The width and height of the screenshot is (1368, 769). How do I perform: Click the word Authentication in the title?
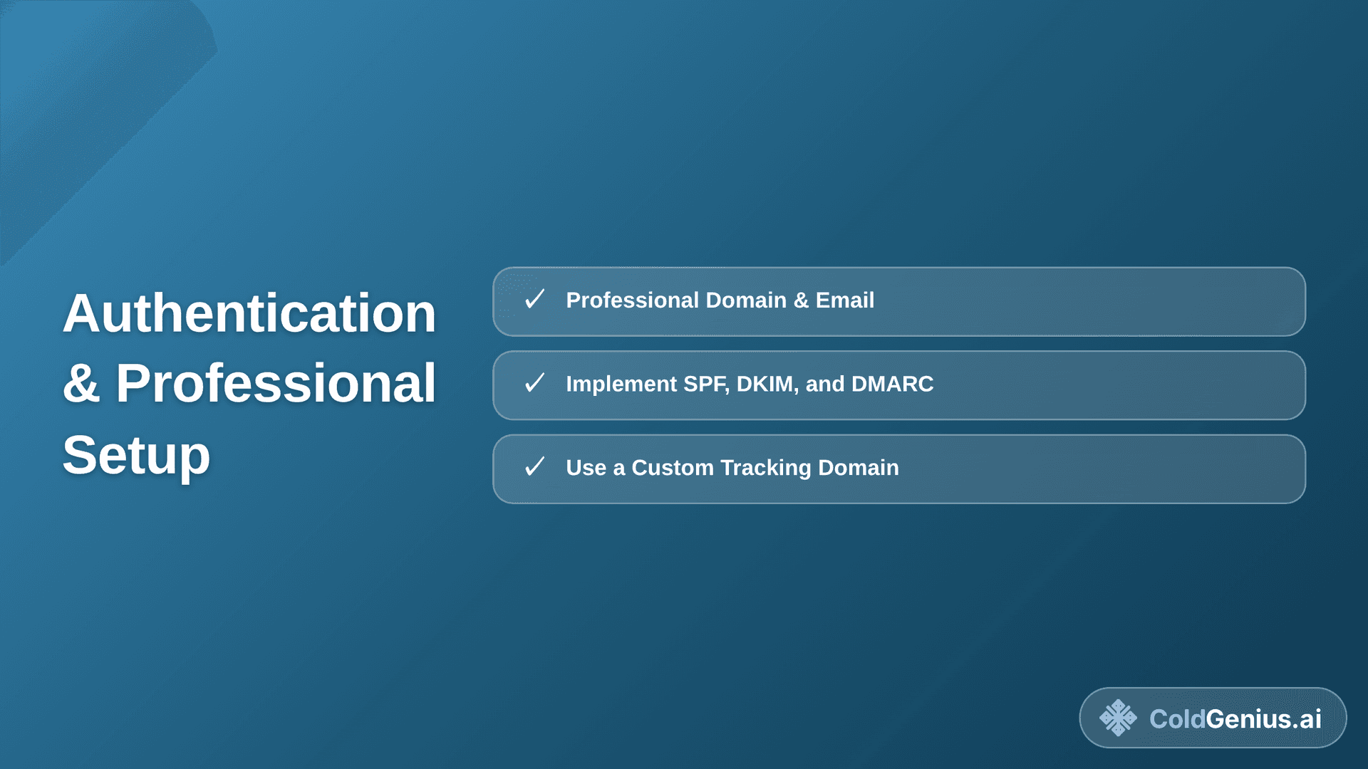(249, 313)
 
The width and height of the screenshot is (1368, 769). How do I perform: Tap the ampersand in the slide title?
(81, 384)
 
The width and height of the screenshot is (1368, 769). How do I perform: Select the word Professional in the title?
(275, 384)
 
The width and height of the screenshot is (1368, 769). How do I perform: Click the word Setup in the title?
(136, 455)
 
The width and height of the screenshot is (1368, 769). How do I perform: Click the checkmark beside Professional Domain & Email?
(534, 299)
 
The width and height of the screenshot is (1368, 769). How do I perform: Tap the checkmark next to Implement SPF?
(534, 383)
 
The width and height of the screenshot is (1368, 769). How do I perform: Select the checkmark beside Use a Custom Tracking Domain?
(534, 467)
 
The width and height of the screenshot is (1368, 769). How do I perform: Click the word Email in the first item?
(844, 300)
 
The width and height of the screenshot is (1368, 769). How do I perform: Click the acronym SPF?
(705, 384)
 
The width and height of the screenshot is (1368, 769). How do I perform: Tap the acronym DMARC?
(892, 384)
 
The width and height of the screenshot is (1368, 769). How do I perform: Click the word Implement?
(621, 384)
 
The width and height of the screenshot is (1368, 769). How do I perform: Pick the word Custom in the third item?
(672, 468)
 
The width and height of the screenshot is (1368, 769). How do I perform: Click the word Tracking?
(765, 468)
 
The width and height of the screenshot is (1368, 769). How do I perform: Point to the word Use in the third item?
(586, 468)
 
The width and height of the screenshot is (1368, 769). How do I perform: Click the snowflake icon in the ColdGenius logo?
(1118, 718)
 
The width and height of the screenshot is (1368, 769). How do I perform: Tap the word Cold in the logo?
(1176, 719)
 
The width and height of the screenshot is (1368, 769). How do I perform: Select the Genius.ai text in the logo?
(1263, 719)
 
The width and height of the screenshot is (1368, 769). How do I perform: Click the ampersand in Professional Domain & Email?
(801, 300)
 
